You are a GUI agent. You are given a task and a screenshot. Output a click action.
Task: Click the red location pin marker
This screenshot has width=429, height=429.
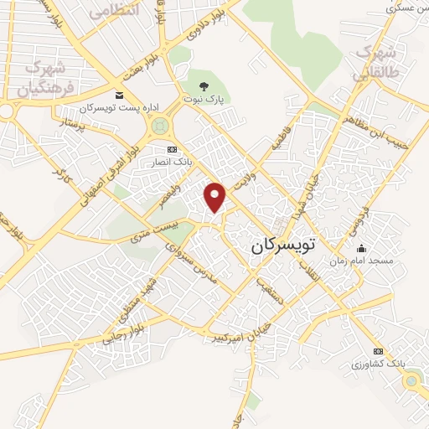(216, 195)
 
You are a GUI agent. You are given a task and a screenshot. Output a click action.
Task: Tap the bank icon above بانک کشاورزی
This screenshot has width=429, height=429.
(378, 351)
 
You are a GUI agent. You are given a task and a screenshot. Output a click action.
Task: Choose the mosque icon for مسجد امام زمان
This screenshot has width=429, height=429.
(361, 248)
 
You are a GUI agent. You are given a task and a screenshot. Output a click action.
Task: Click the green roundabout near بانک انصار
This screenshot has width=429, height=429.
(159, 127)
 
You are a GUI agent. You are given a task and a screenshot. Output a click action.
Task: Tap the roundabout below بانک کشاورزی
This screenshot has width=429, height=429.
(411, 381)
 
